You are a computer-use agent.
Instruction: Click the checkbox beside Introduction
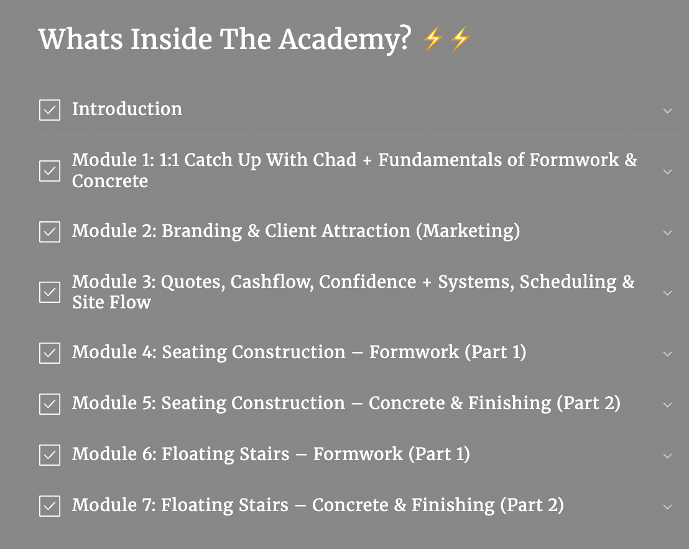point(50,110)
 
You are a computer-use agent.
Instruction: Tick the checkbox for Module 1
point(50,171)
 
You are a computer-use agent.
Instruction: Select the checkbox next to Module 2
point(50,232)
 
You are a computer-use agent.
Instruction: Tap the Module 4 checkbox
point(50,353)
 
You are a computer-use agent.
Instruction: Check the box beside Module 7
point(50,506)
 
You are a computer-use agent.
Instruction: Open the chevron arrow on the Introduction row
point(667,111)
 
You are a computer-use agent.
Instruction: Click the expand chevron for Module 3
point(667,293)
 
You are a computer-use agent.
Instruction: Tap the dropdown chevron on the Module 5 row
point(667,405)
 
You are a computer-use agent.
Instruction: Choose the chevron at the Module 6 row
point(667,456)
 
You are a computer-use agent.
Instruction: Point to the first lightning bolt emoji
point(432,39)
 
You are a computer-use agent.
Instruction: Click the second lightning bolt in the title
point(460,39)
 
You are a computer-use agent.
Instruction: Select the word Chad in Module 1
point(334,160)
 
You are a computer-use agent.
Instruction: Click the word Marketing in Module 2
point(468,231)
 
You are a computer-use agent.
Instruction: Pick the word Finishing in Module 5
point(510,404)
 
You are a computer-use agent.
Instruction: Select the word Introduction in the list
point(127,109)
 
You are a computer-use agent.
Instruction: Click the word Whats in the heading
point(81,39)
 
